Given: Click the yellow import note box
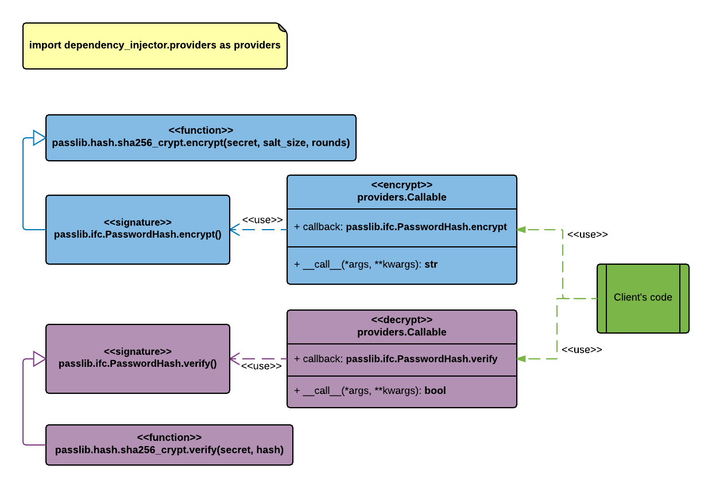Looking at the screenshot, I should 155,46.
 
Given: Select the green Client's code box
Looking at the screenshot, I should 643,298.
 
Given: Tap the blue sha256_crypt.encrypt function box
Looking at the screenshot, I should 201,138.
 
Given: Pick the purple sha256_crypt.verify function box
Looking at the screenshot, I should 169,445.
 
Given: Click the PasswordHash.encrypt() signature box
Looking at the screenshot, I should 138,230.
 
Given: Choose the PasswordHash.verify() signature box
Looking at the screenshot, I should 138,359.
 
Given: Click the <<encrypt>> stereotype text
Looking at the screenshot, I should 402,185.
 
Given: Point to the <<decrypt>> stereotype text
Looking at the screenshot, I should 402,320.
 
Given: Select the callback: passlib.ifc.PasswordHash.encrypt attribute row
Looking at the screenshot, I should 401,227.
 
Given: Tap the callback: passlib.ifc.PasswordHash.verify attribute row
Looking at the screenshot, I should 396,359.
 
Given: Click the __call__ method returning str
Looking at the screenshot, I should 366,265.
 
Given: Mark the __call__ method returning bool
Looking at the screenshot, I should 370,391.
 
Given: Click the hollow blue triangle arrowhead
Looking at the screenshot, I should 39,138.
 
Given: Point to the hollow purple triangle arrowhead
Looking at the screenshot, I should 39,359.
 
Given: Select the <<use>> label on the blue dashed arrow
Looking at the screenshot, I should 262,220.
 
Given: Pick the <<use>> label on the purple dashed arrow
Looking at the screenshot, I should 261,366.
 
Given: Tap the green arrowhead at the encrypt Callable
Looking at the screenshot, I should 521,230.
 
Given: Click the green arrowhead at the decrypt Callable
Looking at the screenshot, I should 521,359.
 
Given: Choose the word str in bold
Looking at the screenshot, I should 431,265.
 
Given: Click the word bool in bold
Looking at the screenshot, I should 435,391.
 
